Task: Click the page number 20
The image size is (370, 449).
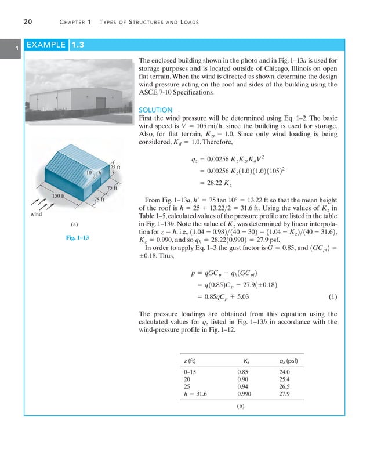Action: tap(27, 22)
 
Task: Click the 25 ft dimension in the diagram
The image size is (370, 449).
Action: tap(114, 169)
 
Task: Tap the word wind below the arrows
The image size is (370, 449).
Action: tap(37, 215)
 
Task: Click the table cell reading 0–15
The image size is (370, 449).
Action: tap(190, 371)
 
